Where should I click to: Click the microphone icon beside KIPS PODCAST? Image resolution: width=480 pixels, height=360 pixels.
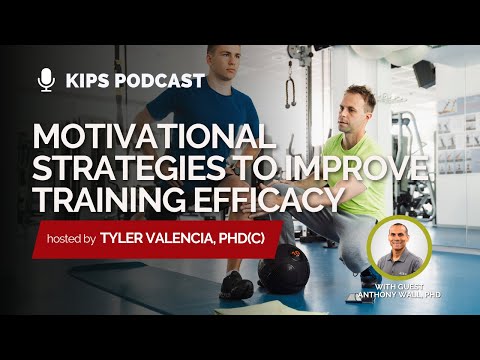45,79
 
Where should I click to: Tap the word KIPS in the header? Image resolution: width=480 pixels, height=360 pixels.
87,80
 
